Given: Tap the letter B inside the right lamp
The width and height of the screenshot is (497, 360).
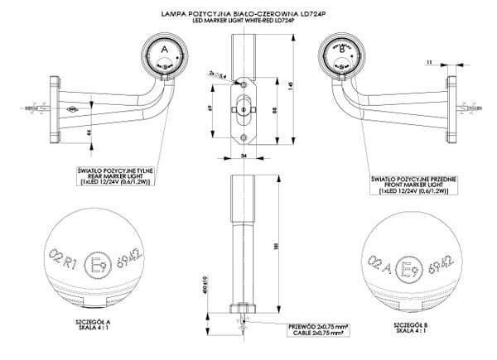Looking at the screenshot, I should [342, 49].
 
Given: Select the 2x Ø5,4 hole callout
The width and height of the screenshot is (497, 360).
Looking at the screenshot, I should [220, 74].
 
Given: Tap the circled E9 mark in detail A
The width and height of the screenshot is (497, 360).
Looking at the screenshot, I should [98, 265].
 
